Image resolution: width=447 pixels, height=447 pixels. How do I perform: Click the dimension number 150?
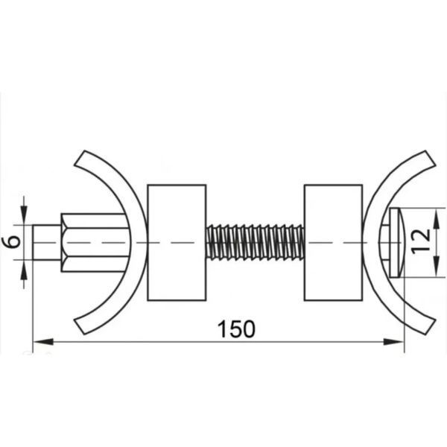tap(236, 329)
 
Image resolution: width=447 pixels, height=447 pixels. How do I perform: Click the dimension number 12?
tap(421, 241)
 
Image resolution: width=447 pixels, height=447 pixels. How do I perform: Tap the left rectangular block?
tap(177, 243)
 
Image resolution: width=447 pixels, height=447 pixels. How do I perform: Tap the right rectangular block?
tap(334, 243)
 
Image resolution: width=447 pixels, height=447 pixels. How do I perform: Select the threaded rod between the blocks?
tap(255, 242)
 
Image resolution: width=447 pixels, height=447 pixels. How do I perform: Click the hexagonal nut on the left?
tap(94, 243)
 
